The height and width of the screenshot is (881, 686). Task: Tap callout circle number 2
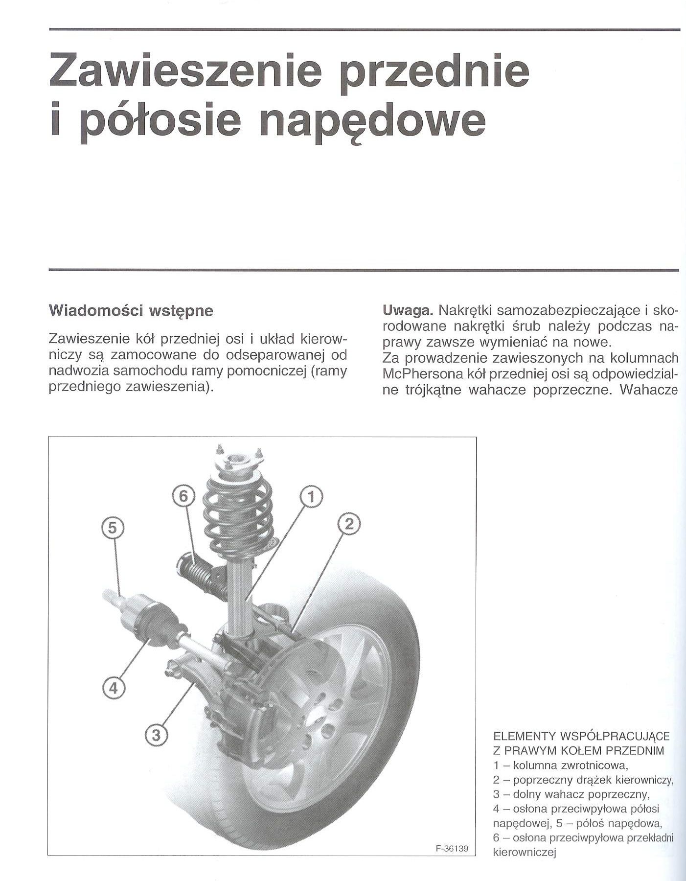pos(349,525)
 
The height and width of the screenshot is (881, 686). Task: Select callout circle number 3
pos(156,734)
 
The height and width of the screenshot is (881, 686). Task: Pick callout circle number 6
pos(183,496)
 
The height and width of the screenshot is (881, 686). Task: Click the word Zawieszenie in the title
pos(186,71)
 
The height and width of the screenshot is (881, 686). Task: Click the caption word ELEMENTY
pos(525,750)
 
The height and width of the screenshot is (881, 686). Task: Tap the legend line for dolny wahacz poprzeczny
pos(571,807)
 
